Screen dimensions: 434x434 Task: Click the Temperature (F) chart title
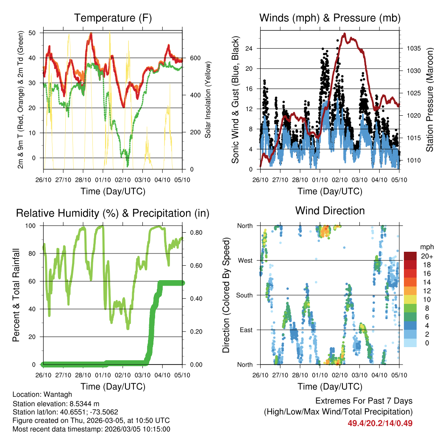tap(113, 18)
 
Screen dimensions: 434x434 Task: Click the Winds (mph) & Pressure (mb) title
tap(330, 18)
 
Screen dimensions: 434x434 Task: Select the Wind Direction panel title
tap(330, 211)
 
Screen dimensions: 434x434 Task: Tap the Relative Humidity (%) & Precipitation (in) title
tap(113, 213)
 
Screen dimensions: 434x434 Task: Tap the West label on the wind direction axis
tap(245, 260)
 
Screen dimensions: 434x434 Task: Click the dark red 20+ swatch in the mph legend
tap(410, 256)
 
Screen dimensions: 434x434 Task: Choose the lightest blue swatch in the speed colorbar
tap(410, 342)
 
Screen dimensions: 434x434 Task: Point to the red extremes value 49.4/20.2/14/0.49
tap(380, 423)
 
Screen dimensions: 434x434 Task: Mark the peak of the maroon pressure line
tap(344, 33)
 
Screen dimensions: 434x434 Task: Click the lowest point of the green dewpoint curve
tap(127, 167)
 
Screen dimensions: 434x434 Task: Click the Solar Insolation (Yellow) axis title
tap(208, 100)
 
